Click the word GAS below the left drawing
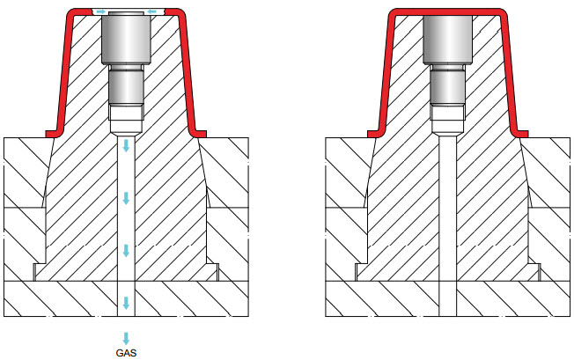[x=127, y=353]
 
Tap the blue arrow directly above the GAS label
[x=127, y=338]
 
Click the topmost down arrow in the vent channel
[x=127, y=145]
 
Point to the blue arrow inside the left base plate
[x=127, y=303]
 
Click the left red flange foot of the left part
[x=55, y=133]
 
